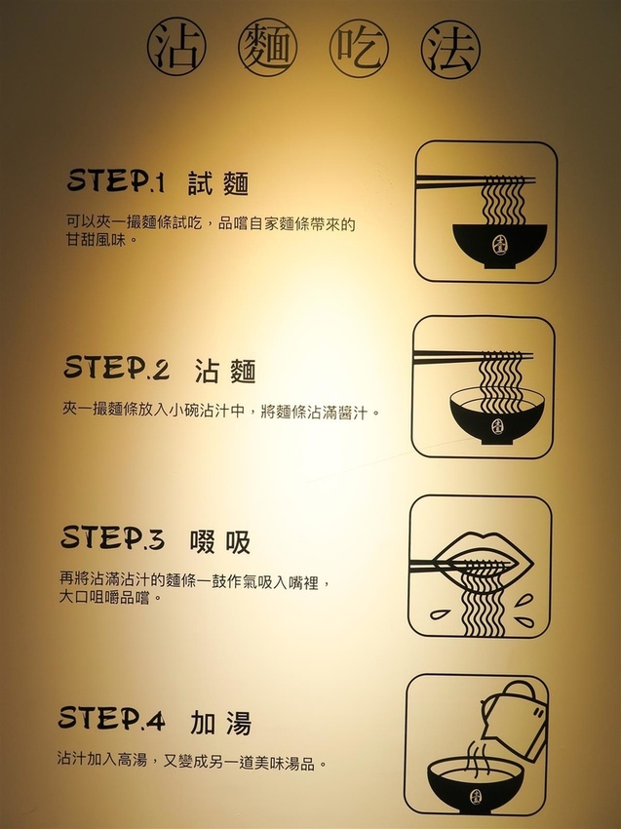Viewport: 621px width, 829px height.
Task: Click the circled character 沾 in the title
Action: point(176,47)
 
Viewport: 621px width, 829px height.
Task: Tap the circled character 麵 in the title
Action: point(267,48)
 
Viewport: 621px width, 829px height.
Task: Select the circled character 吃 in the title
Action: point(359,48)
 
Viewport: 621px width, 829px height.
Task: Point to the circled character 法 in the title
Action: point(450,49)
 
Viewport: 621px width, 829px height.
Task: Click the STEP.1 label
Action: point(116,180)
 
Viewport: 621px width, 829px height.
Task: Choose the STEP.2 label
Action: point(116,368)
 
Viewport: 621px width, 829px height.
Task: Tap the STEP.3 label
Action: point(112,538)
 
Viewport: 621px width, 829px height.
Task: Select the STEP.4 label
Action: point(111,719)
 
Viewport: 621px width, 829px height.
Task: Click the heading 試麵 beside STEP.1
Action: point(218,183)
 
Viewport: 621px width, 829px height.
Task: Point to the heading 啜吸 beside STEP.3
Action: point(220,541)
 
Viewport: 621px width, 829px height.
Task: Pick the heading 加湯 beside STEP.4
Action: point(221,723)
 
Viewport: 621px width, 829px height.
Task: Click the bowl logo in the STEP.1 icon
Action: point(499,244)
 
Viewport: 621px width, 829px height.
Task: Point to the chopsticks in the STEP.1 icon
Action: point(476,181)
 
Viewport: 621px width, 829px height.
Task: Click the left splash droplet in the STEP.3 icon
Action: point(440,614)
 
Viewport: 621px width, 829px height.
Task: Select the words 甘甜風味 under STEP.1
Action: point(97,240)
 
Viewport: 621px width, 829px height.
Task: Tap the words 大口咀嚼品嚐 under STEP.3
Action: point(104,598)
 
